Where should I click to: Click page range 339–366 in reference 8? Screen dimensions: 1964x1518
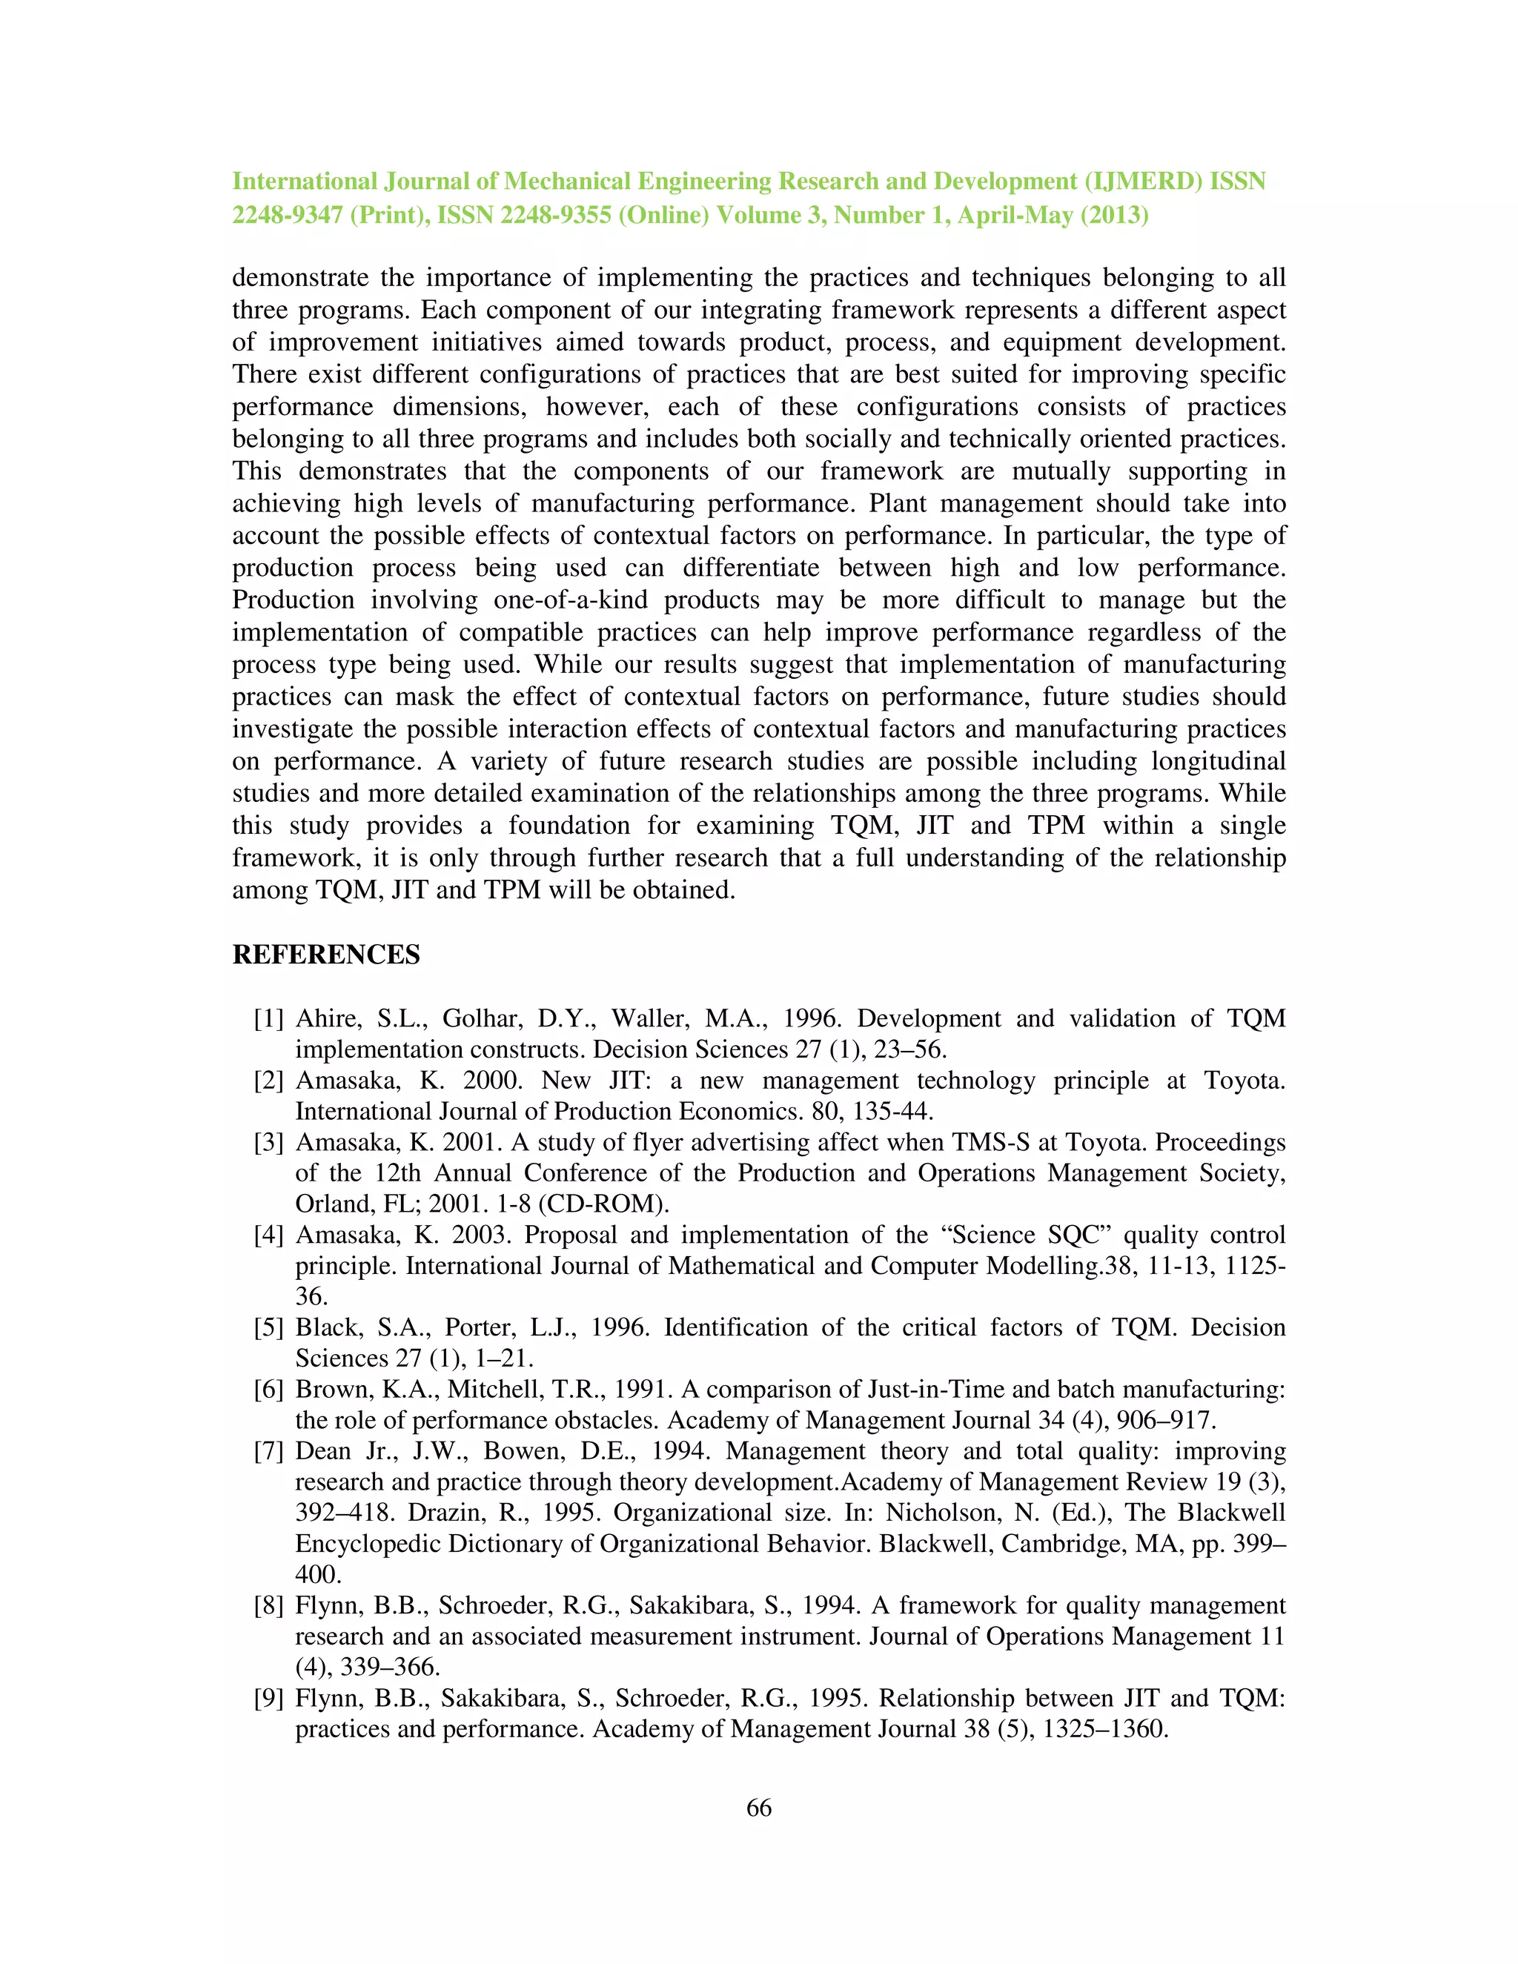(x=389, y=1668)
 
